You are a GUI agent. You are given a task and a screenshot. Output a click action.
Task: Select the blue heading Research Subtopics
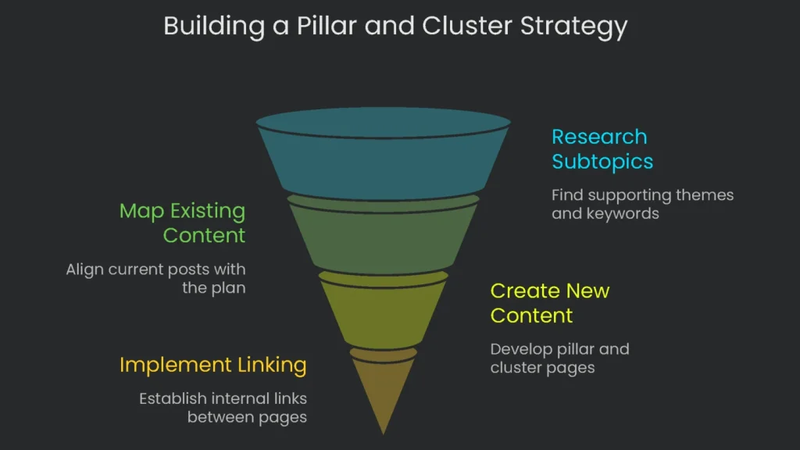[x=602, y=149]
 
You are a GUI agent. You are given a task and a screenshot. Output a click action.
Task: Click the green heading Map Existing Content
[x=182, y=223]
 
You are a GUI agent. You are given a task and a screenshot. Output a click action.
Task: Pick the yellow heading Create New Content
[x=549, y=303]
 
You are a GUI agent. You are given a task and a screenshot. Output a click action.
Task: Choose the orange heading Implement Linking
[x=212, y=365]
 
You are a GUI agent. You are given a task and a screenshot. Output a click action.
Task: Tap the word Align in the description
[x=85, y=270]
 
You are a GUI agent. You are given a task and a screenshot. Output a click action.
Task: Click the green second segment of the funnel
[x=383, y=234]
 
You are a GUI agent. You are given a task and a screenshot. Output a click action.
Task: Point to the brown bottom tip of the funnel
[x=383, y=391]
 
